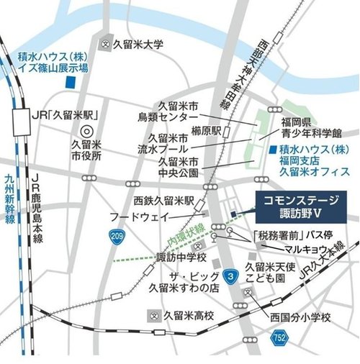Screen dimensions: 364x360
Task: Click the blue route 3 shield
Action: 230,274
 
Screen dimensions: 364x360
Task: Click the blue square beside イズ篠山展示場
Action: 69,83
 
